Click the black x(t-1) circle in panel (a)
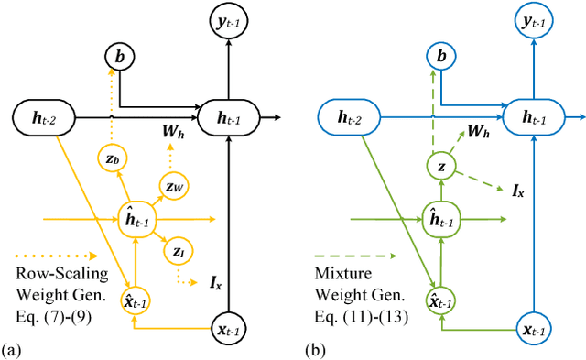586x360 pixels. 224,327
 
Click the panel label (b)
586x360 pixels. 312,349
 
